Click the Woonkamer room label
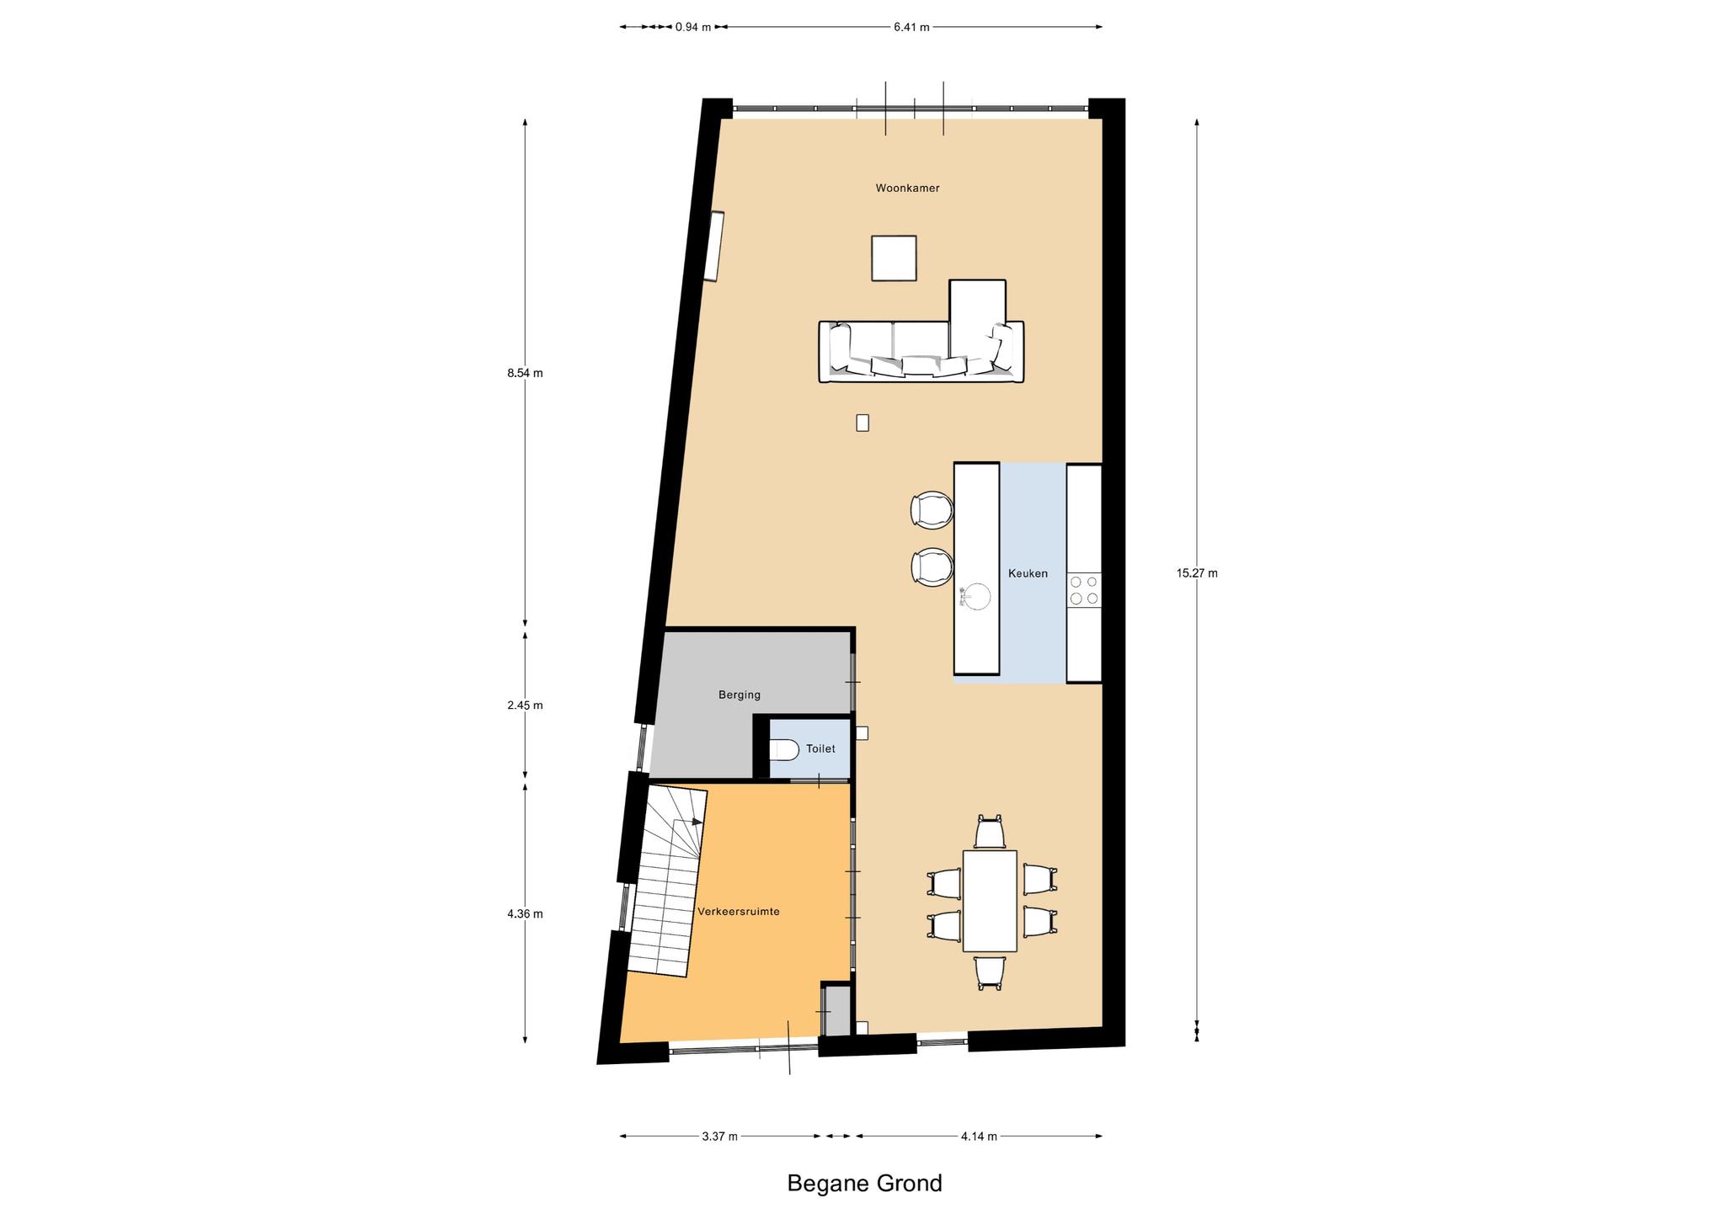click(x=907, y=189)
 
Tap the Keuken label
click(x=1028, y=573)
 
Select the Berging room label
click(x=740, y=695)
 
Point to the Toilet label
click(x=820, y=748)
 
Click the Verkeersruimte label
click(x=739, y=912)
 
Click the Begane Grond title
click(x=864, y=1183)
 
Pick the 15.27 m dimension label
click(x=1197, y=573)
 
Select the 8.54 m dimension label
click(x=525, y=373)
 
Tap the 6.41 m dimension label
click(x=911, y=27)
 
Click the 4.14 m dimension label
click(x=979, y=1136)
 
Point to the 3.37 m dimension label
click(x=719, y=1136)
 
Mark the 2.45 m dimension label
click(x=525, y=705)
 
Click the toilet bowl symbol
click(x=784, y=749)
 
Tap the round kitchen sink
click(x=977, y=596)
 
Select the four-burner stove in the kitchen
click(x=1084, y=589)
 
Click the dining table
click(x=990, y=901)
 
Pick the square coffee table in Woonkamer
click(x=894, y=258)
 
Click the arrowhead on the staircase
click(x=697, y=822)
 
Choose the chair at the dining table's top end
click(x=990, y=832)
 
